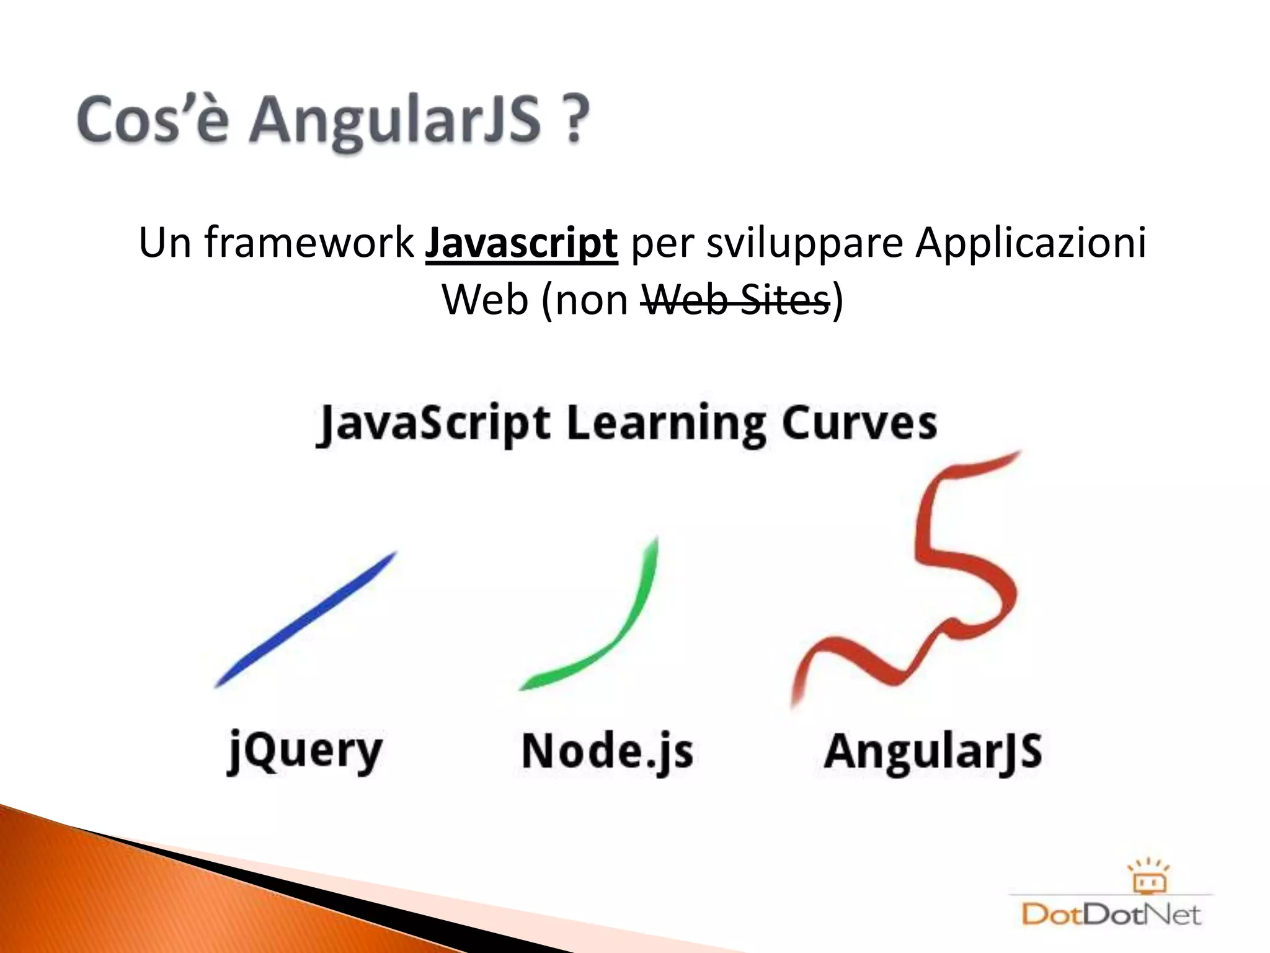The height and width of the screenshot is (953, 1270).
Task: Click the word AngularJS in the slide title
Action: pos(395,120)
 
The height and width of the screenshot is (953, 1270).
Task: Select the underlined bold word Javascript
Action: pos(521,243)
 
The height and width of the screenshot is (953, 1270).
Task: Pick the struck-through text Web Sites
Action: pos(735,300)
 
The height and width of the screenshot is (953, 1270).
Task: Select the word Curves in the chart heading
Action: pos(859,424)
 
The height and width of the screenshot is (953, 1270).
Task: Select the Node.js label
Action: pos(607,751)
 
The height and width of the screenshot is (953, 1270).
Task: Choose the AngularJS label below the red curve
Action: pos(933,751)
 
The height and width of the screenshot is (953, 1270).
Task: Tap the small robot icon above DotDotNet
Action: pos(1148,877)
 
